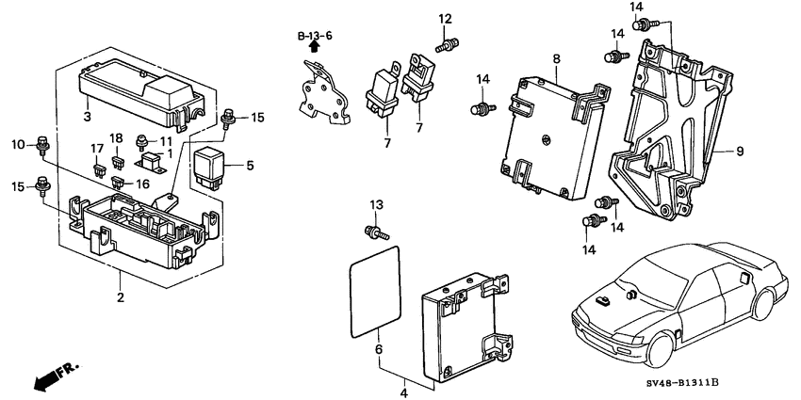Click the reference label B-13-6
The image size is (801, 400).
[316, 36]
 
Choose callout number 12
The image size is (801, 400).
[445, 18]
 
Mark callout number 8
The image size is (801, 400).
[556, 59]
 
